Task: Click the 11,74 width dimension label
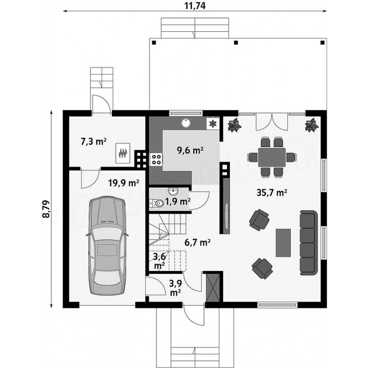[195, 6]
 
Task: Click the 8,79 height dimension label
[46, 209]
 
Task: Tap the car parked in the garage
[107, 245]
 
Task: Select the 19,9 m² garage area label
[124, 183]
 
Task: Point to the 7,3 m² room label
[94, 142]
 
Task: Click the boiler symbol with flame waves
[123, 153]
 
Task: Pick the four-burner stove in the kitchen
[156, 159]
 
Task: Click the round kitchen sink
[187, 123]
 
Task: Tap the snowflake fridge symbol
[213, 124]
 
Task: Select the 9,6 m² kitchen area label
[190, 150]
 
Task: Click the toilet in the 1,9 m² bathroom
[157, 203]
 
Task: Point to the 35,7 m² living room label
[272, 193]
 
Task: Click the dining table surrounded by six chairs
[272, 157]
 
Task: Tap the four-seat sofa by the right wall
[309, 243]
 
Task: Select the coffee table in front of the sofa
[283, 243]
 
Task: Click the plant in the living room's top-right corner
[312, 125]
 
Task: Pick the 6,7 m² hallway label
[197, 242]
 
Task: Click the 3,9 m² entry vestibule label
[175, 288]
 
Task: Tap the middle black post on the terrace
[236, 42]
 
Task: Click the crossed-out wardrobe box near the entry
[213, 287]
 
